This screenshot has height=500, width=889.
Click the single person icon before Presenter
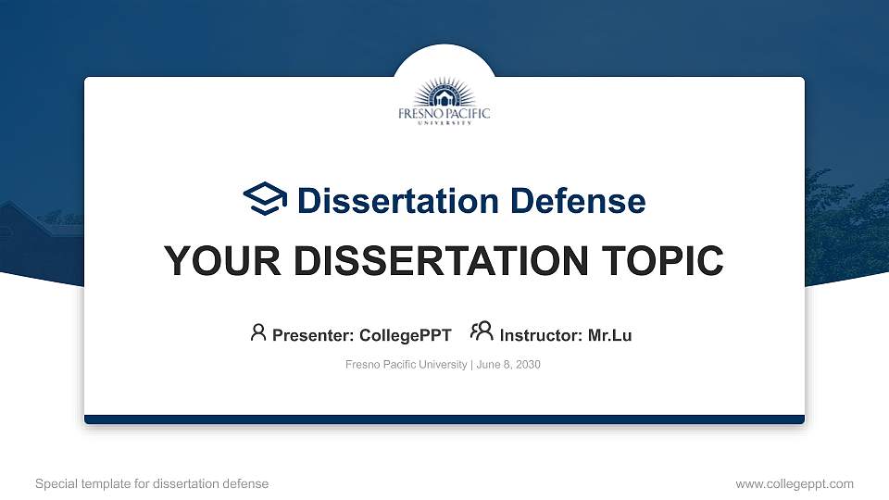point(258,332)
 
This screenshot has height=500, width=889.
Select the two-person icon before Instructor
point(482,332)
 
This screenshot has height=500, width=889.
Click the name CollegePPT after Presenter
point(405,335)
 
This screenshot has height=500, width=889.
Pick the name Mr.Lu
point(609,335)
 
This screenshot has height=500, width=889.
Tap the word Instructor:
point(542,335)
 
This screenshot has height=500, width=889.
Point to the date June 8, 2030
point(508,365)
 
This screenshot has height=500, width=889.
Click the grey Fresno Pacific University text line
point(407,365)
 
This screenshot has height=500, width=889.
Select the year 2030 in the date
point(528,365)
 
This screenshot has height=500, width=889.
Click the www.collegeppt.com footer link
point(795,483)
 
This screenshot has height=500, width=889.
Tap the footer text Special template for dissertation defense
point(152,483)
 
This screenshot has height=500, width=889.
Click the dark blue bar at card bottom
point(444,419)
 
